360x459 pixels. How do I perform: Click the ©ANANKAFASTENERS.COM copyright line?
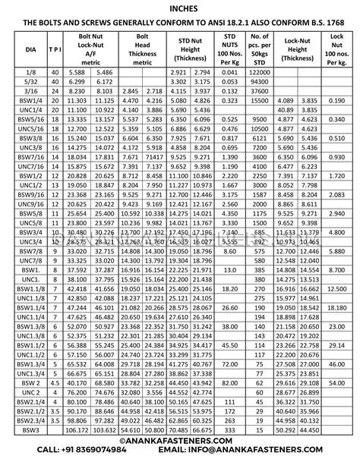click(x=180, y=439)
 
